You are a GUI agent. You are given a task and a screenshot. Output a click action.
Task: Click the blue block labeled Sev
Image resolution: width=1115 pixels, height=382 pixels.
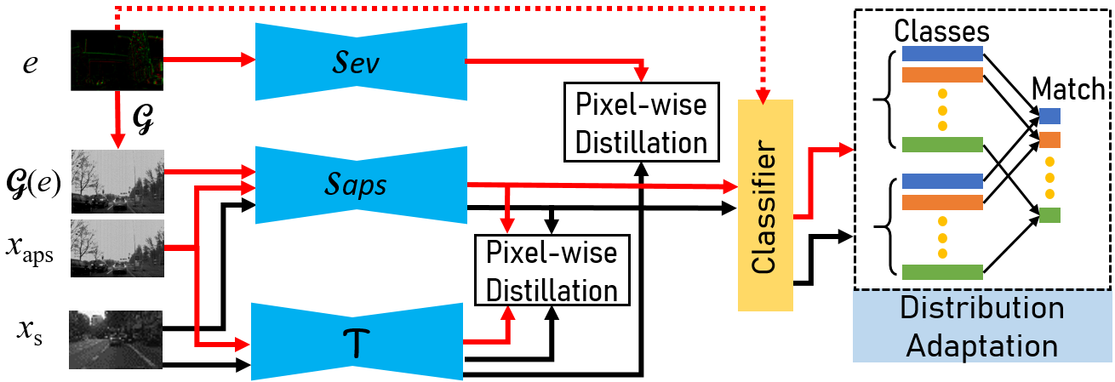(x=361, y=61)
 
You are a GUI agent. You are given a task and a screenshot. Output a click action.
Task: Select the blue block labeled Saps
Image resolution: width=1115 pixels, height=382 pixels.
(x=361, y=185)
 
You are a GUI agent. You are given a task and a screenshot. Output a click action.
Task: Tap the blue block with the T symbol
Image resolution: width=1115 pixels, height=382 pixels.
(x=357, y=341)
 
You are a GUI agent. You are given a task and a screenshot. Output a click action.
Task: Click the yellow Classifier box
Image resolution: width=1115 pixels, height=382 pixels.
(x=764, y=205)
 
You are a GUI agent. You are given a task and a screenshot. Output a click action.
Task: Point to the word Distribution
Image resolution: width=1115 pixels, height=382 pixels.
(x=981, y=307)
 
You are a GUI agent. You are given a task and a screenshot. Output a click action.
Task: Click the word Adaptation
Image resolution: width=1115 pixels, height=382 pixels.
(x=981, y=345)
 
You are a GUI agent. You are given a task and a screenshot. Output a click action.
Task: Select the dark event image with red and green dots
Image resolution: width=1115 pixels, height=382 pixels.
(x=117, y=60)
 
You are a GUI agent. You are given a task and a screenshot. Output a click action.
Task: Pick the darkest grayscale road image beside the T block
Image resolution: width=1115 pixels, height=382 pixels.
(x=116, y=339)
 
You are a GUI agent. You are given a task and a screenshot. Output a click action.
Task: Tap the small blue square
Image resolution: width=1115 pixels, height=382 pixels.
(x=1049, y=117)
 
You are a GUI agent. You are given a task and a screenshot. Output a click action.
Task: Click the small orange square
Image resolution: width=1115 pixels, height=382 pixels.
(x=1049, y=140)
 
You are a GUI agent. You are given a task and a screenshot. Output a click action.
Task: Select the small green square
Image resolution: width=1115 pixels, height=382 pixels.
(x=1049, y=215)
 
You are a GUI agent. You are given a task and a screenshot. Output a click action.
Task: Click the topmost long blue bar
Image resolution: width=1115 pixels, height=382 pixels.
(x=942, y=54)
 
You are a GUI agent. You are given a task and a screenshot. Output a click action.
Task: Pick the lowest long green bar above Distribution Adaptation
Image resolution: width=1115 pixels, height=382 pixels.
(x=942, y=272)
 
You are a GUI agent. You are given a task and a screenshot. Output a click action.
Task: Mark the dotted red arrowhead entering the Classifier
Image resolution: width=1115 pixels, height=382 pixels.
(x=763, y=95)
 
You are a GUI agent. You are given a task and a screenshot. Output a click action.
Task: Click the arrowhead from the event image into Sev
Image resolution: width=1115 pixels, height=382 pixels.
(x=249, y=60)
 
